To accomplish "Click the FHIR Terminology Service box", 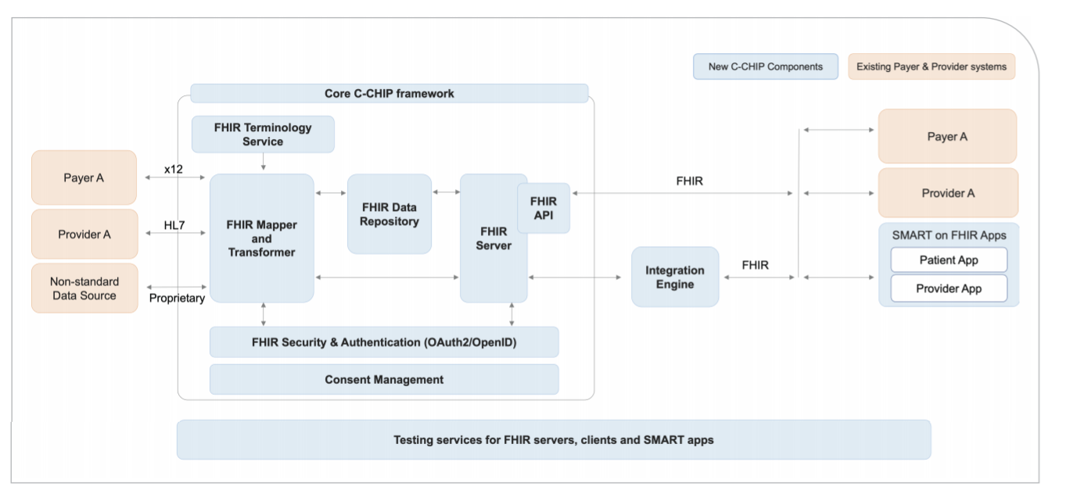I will click(263, 134).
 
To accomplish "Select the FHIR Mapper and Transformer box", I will click(261, 238).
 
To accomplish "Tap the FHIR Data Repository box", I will click(389, 214).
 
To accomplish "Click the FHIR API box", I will click(543, 208).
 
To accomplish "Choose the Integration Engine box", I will click(674, 277).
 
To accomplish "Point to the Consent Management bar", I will click(384, 380).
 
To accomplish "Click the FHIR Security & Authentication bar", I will click(384, 342).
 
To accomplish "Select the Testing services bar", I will click(553, 440).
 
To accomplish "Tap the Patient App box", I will click(948, 259).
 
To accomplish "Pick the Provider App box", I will click(948, 288).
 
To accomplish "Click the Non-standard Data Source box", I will click(84, 288).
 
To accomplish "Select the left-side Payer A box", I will click(84, 177).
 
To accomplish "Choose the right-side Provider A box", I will click(948, 193).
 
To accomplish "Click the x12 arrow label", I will click(173, 169).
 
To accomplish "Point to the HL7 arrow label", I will click(174, 225).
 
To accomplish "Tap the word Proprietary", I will click(177, 298).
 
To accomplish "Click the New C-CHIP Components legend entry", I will click(765, 66).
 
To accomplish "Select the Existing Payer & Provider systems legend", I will click(931, 66).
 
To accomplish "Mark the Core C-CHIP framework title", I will click(389, 94).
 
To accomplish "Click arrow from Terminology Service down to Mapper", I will click(264, 163).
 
